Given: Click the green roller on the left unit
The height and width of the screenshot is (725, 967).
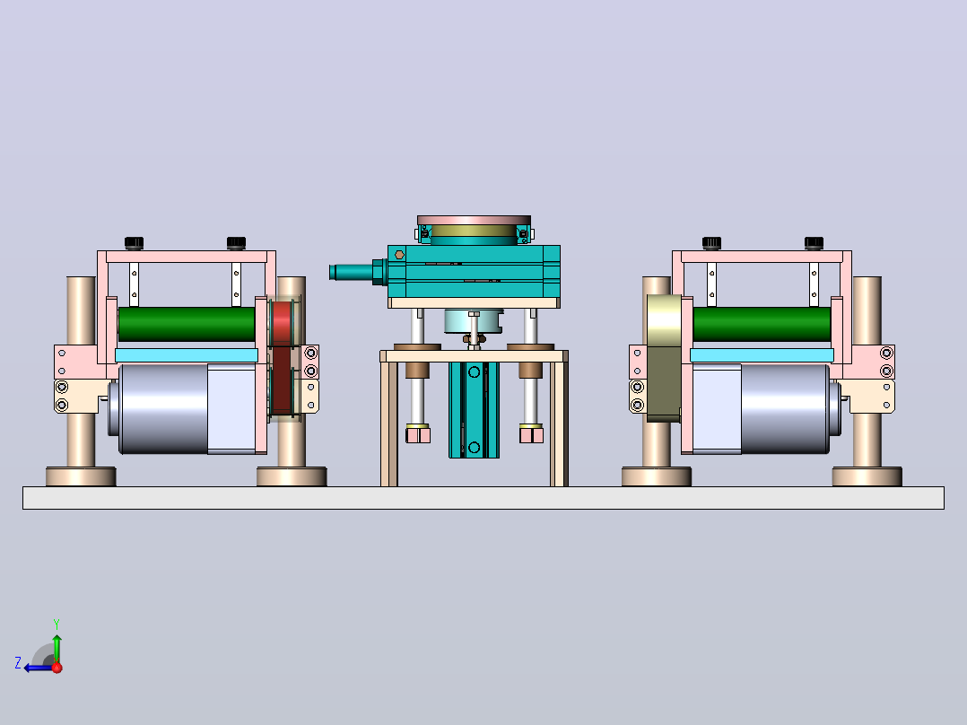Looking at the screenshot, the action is point(187,324).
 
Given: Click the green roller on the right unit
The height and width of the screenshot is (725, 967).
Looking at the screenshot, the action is point(762,324).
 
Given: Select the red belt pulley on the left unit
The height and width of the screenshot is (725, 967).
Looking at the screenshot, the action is point(283,358).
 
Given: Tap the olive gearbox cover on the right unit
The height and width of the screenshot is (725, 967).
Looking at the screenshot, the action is point(664,358).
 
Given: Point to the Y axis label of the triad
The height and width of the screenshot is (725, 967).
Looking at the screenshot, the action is point(57,624).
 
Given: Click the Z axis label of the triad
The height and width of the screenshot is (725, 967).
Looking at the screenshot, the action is point(18,663).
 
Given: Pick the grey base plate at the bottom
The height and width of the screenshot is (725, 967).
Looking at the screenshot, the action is point(483,498).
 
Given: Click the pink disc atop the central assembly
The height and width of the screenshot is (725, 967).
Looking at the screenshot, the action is point(474,220).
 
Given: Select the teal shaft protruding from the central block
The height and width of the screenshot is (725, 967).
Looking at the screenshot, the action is point(352,272).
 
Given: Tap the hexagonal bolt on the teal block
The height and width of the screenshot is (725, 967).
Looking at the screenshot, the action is point(400,254).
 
